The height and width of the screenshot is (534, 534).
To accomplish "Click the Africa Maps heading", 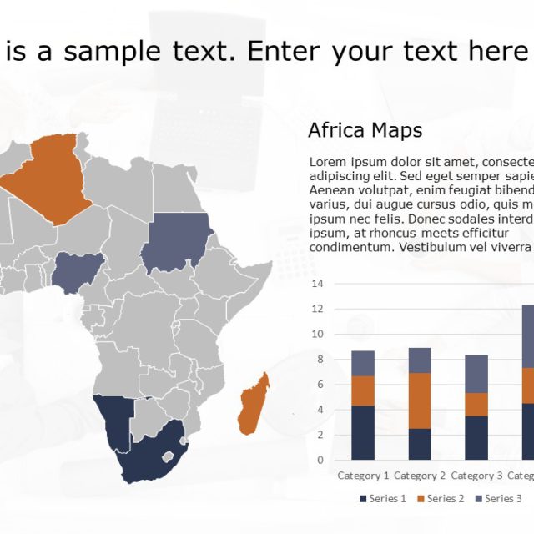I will [365, 130].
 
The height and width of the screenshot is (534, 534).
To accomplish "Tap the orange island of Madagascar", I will [254, 405].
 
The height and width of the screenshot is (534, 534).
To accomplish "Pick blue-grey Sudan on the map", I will [177, 242].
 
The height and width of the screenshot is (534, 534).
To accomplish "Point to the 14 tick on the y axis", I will [317, 284].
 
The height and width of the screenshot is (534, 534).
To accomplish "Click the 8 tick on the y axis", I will [320, 359].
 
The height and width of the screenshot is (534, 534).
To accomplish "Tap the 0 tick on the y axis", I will [320, 460].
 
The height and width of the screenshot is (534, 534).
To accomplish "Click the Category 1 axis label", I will [363, 476].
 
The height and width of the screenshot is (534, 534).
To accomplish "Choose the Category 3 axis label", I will [476, 476].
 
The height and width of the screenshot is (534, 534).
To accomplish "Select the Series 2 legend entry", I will [441, 499].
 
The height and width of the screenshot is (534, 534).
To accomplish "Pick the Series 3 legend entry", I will [498, 499].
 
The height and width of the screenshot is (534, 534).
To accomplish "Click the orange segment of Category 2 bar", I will [420, 400].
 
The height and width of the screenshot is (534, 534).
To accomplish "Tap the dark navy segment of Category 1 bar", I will [363, 432].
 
